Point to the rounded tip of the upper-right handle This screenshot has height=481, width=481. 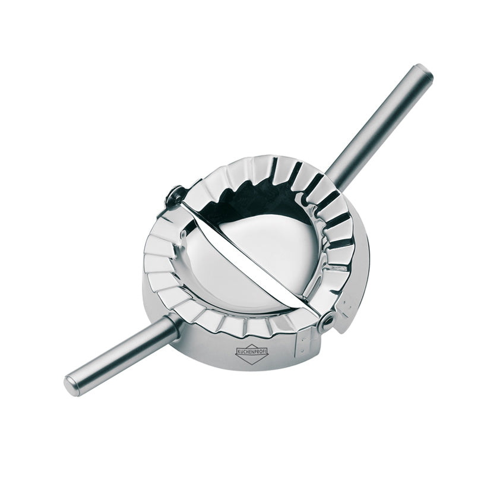426,71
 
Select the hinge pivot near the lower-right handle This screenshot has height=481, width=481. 326,321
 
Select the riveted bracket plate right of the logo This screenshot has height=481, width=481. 303,344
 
